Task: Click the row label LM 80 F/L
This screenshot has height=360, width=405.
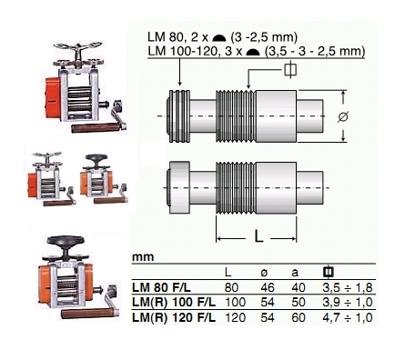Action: [x=161, y=287]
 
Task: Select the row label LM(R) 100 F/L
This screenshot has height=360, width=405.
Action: [x=174, y=302]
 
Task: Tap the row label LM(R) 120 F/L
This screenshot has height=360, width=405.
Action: [x=174, y=317]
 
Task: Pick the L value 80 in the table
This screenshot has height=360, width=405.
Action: [x=231, y=287]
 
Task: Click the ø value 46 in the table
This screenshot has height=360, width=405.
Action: [x=268, y=287]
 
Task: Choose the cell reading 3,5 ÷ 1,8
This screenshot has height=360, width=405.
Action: [x=348, y=287]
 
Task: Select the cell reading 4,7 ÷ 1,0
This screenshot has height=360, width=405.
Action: [x=348, y=317]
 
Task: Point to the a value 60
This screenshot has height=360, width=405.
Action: [x=299, y=317]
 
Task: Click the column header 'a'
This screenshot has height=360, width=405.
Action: [x=295, y=273]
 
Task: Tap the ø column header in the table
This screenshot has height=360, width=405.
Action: [x=264, y=273]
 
